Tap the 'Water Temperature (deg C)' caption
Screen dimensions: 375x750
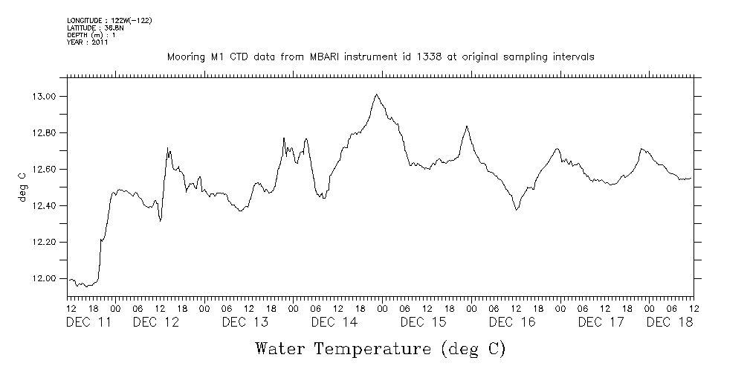(x=380, y=348)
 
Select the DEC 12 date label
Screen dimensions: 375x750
(x=156, y=322)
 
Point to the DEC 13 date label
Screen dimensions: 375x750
(x=245, y=322)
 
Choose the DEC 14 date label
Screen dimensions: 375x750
(x=334, y=322)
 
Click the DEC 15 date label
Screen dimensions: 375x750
(x=424, y=322)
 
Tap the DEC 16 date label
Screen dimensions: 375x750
(x=513, y=322)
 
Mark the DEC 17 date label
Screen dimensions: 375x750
(x=602, y=322)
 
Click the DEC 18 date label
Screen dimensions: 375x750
(x=670, y=322)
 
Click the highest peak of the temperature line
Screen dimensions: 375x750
(x=377, y=94)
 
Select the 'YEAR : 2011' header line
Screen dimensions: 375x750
(x=88, y=42)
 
